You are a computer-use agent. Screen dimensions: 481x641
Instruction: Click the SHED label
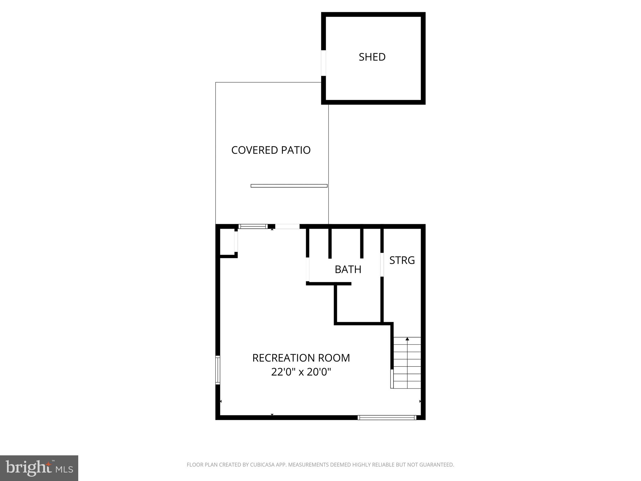372,57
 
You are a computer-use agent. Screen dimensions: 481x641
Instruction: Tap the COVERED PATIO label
271,150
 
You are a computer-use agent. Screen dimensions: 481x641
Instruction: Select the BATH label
348,269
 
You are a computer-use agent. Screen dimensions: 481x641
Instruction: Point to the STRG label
402,260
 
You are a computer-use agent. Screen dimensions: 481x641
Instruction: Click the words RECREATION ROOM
301,358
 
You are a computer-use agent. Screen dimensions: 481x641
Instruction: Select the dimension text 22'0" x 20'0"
301,372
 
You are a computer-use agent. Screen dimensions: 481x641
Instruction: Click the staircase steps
407,363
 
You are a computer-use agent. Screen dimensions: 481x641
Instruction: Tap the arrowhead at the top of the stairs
407,339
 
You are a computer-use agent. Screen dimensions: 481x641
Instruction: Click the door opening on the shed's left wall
324,63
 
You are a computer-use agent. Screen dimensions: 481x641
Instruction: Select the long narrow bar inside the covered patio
289,186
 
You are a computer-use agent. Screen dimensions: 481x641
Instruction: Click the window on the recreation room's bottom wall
387,417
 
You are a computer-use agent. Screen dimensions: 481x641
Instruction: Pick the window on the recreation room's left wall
218,370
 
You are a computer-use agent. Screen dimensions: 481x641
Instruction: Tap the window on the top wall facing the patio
253,226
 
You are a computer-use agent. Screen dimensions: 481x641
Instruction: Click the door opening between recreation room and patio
287,226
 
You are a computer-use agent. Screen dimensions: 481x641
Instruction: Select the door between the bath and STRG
382,265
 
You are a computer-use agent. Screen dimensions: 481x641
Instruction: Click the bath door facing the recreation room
308,269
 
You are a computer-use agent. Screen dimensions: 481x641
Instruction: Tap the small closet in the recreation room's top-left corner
227,242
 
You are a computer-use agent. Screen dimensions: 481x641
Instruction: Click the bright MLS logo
39,468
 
